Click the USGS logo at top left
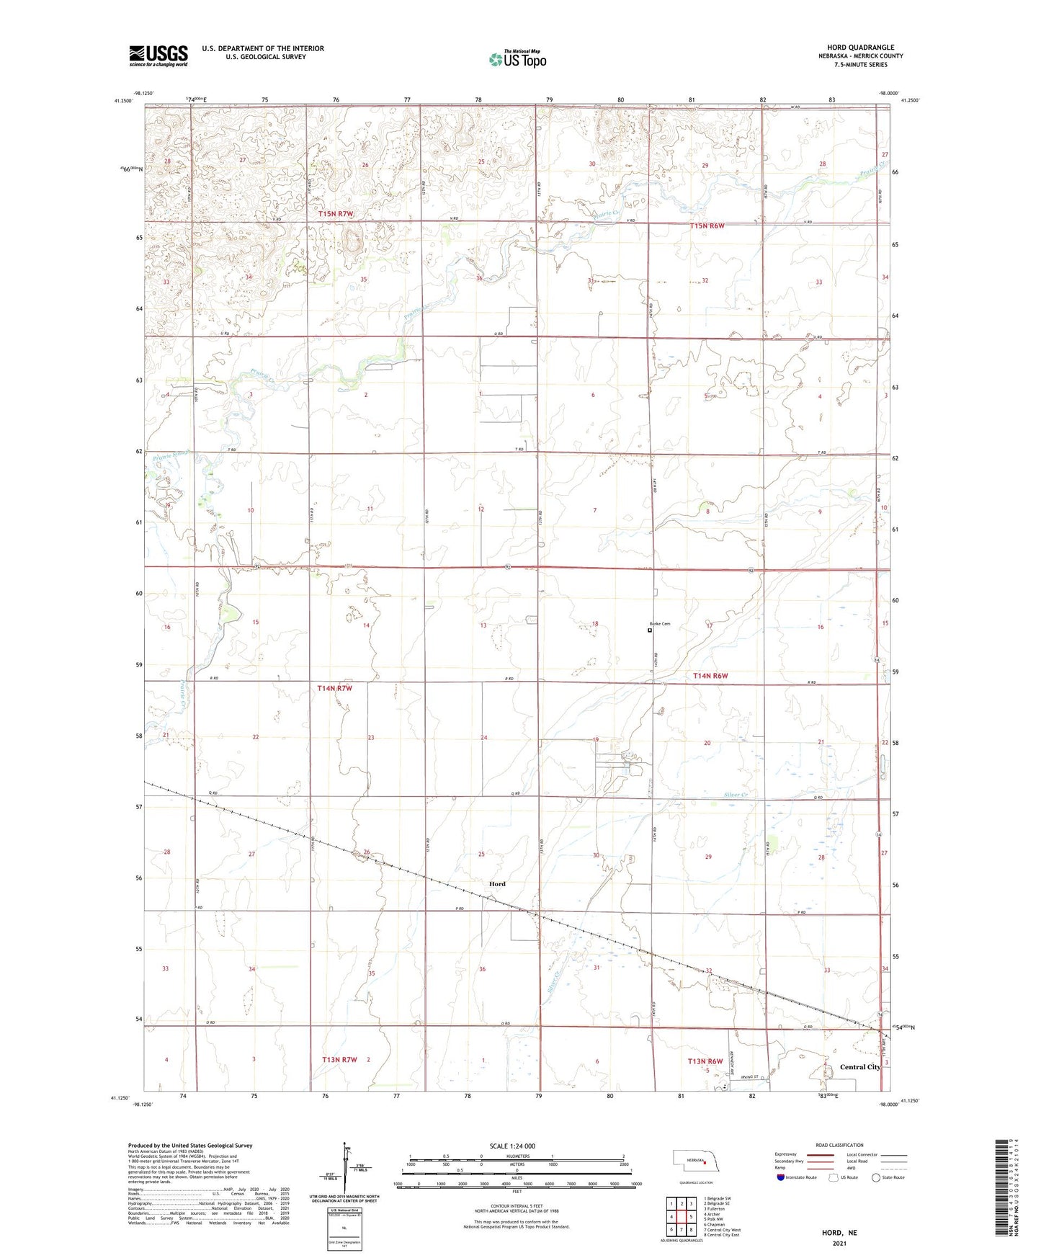tap(158, 55)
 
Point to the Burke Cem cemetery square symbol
tap(650, 630)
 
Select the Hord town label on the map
tap(497, 884)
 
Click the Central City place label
tap(860, 1067)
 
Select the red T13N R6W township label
tap(705, 1061)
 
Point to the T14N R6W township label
tap(710, 676)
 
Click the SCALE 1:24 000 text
tap(512, 1146)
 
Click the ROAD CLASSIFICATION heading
tap(839, 1145)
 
